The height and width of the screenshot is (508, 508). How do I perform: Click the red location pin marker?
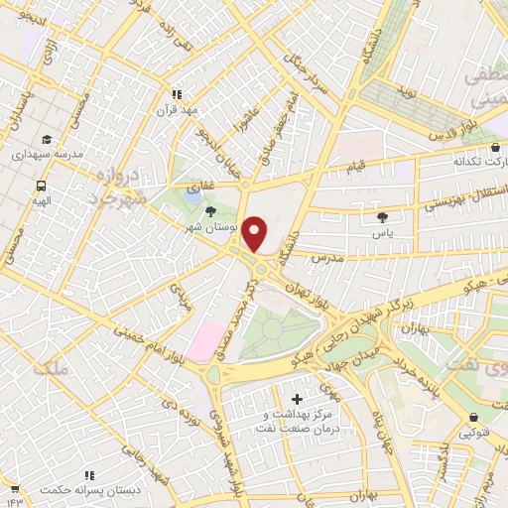[255, 234]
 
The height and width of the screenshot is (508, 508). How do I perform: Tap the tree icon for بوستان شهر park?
[209, 211]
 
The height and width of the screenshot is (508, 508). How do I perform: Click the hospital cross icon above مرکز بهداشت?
[298, 399]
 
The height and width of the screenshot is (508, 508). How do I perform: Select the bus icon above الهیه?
[42, 186]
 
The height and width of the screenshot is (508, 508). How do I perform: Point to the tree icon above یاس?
[383, 216]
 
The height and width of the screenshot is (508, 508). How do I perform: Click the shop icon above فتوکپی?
[472, 416]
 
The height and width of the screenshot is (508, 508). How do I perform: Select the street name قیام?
[355, 164]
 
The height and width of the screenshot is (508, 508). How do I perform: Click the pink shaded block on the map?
[208, 339]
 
